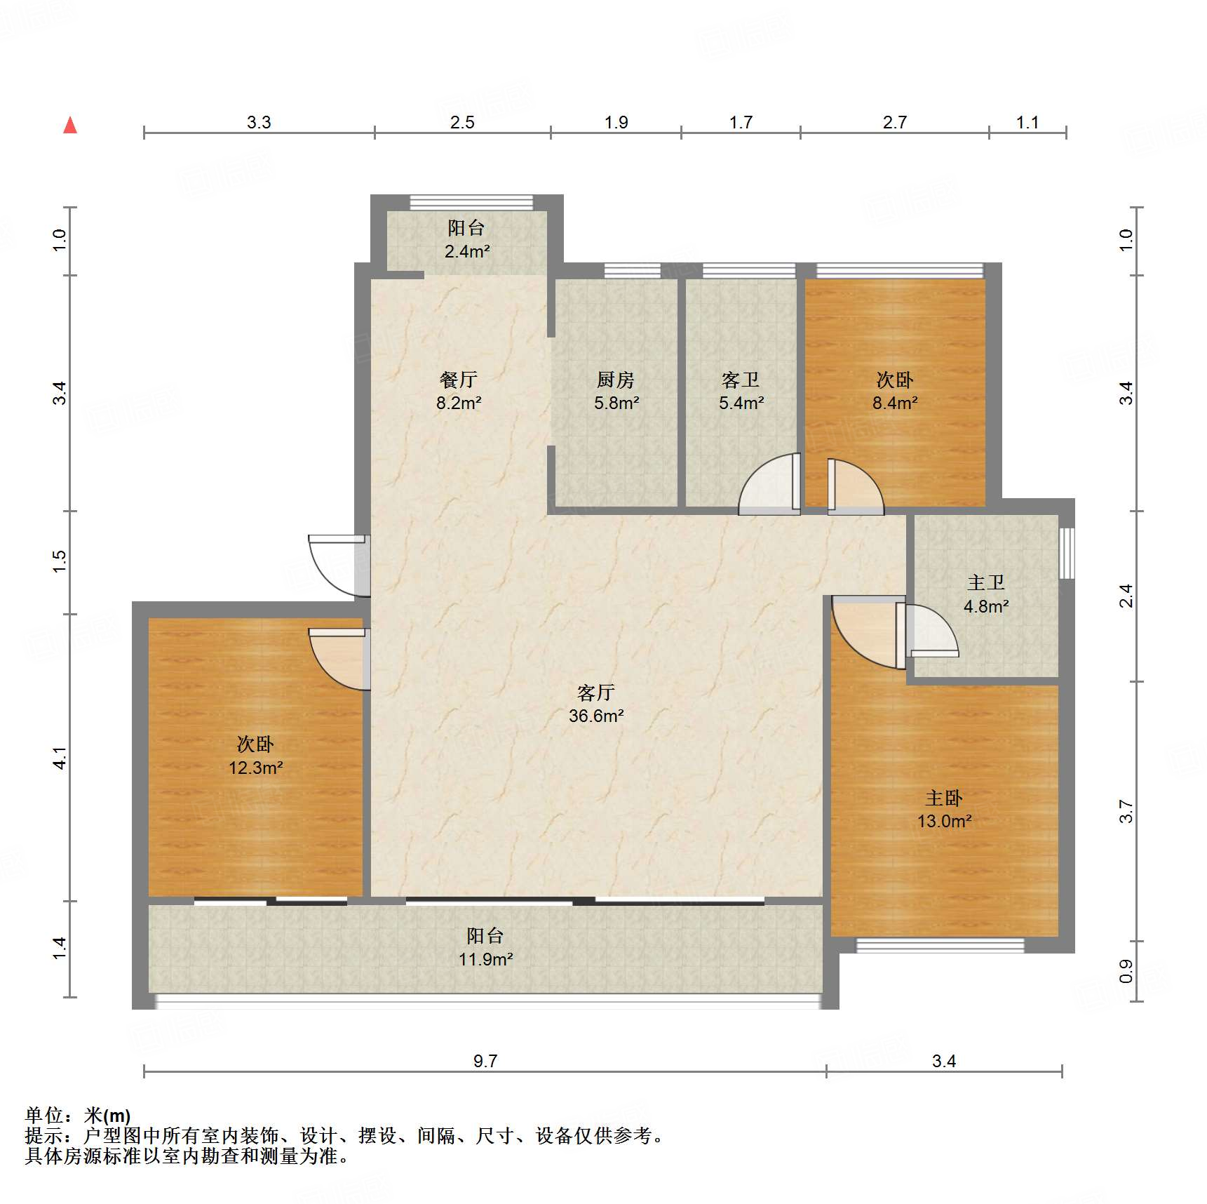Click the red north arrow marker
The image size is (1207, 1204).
70,125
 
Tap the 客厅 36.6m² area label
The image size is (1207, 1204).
596,704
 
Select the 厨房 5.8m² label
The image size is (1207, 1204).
616,391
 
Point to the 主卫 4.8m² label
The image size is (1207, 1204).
986,594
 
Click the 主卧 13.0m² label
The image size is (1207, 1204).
944,809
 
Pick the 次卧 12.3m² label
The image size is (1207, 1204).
255,756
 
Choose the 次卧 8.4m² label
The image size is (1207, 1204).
895,391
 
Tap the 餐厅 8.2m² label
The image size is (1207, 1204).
459,391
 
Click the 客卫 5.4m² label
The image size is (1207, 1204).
741,391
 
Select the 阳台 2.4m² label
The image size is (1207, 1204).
466,239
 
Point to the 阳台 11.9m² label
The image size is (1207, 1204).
485,947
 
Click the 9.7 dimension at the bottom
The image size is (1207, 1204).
485,1061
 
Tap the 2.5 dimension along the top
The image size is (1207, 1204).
462,122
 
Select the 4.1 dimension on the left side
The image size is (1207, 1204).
60,758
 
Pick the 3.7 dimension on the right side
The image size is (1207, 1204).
1126,811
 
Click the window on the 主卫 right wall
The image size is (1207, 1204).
1066,554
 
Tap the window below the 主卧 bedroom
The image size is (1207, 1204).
940,946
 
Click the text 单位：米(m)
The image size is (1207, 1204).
78,1115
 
